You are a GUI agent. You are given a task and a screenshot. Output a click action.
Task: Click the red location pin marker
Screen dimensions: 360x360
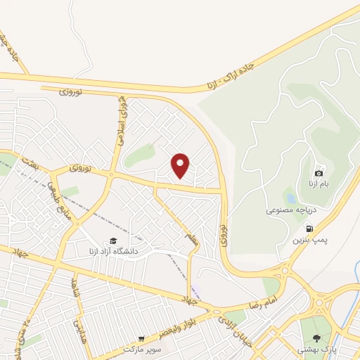coord(181,165)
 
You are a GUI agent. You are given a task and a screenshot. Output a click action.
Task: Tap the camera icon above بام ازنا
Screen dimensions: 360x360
coord(319,173)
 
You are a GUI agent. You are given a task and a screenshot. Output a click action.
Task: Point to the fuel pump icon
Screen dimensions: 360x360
coord(309,229)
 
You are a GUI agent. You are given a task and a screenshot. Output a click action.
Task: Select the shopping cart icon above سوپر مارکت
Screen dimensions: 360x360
coord(142,338)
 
